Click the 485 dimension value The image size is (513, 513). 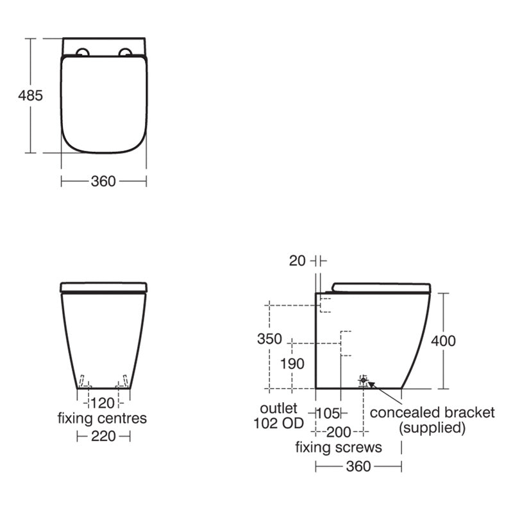tap(30, 96)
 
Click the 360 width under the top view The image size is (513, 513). tap(103, 181)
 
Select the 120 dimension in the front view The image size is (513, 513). tap(103, 403)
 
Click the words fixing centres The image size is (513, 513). tap(103, 419)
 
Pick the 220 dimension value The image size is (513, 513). tap(103, 436)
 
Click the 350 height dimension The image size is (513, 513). tap(269, 339)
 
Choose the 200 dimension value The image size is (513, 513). tap(338, 432)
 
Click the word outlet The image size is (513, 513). tap(279, 408)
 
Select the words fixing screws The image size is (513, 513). tap(338, 448)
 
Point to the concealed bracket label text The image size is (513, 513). tap(432, 412)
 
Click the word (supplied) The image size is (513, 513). tap(432, 428)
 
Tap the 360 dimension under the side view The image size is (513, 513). tap(358, 466)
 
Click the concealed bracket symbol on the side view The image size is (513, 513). tap(364, 381)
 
